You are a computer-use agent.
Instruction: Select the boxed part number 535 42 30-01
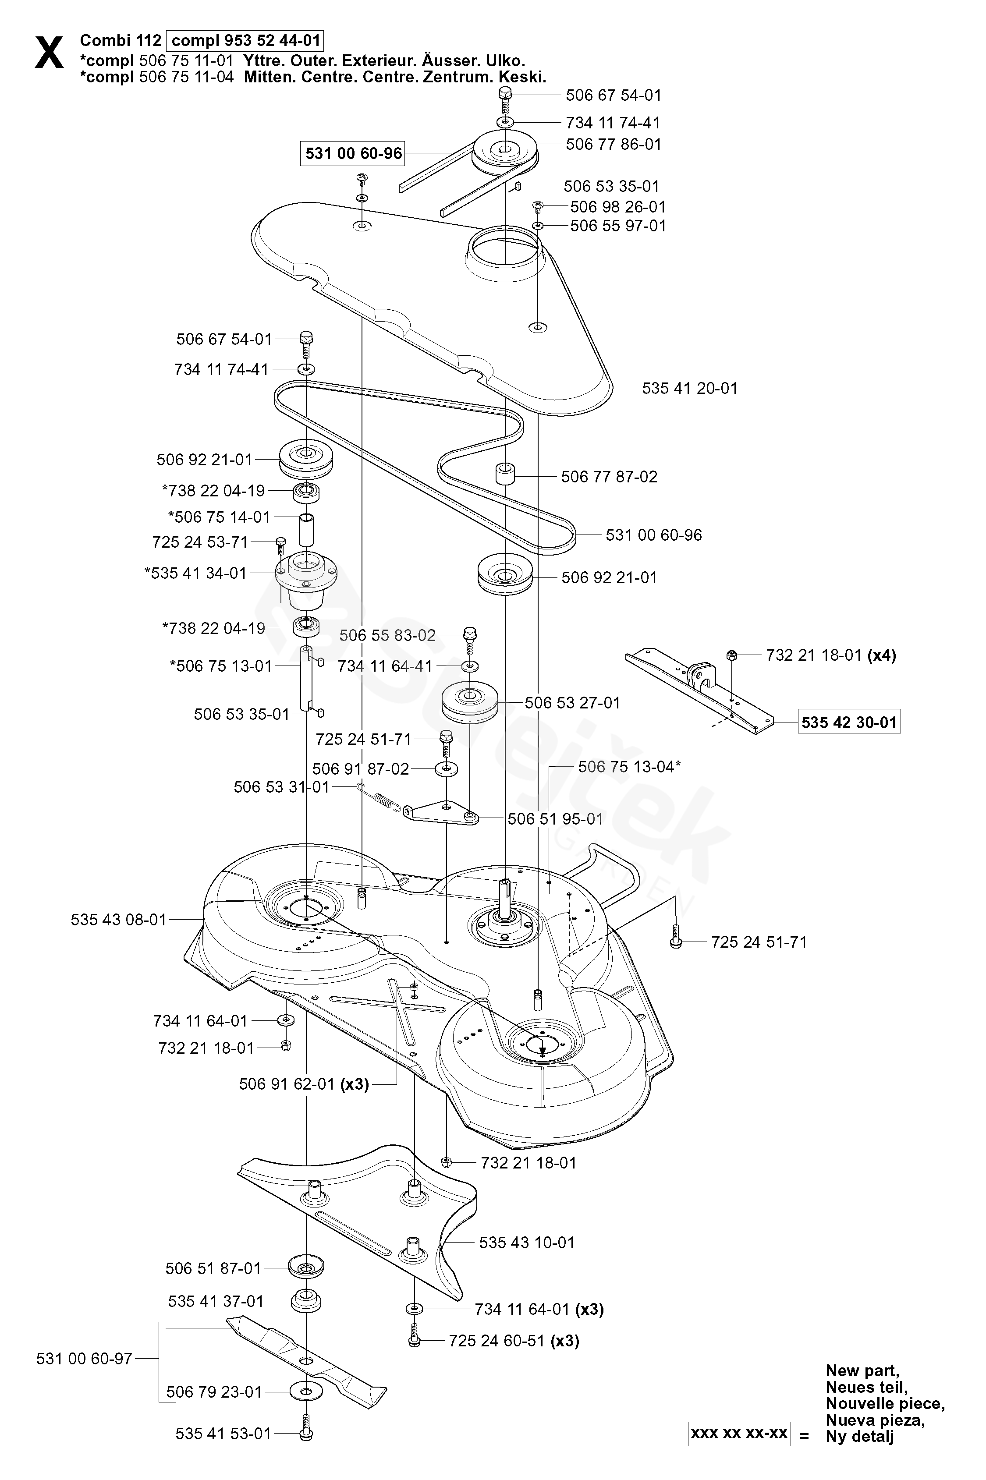click(849, 722)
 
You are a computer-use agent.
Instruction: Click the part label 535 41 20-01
click(689, 389)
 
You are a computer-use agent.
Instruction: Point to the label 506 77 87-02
click(609, 477)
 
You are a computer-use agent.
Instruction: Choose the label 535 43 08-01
click(118, 920)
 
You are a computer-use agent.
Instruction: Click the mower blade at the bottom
click(307, 1362)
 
